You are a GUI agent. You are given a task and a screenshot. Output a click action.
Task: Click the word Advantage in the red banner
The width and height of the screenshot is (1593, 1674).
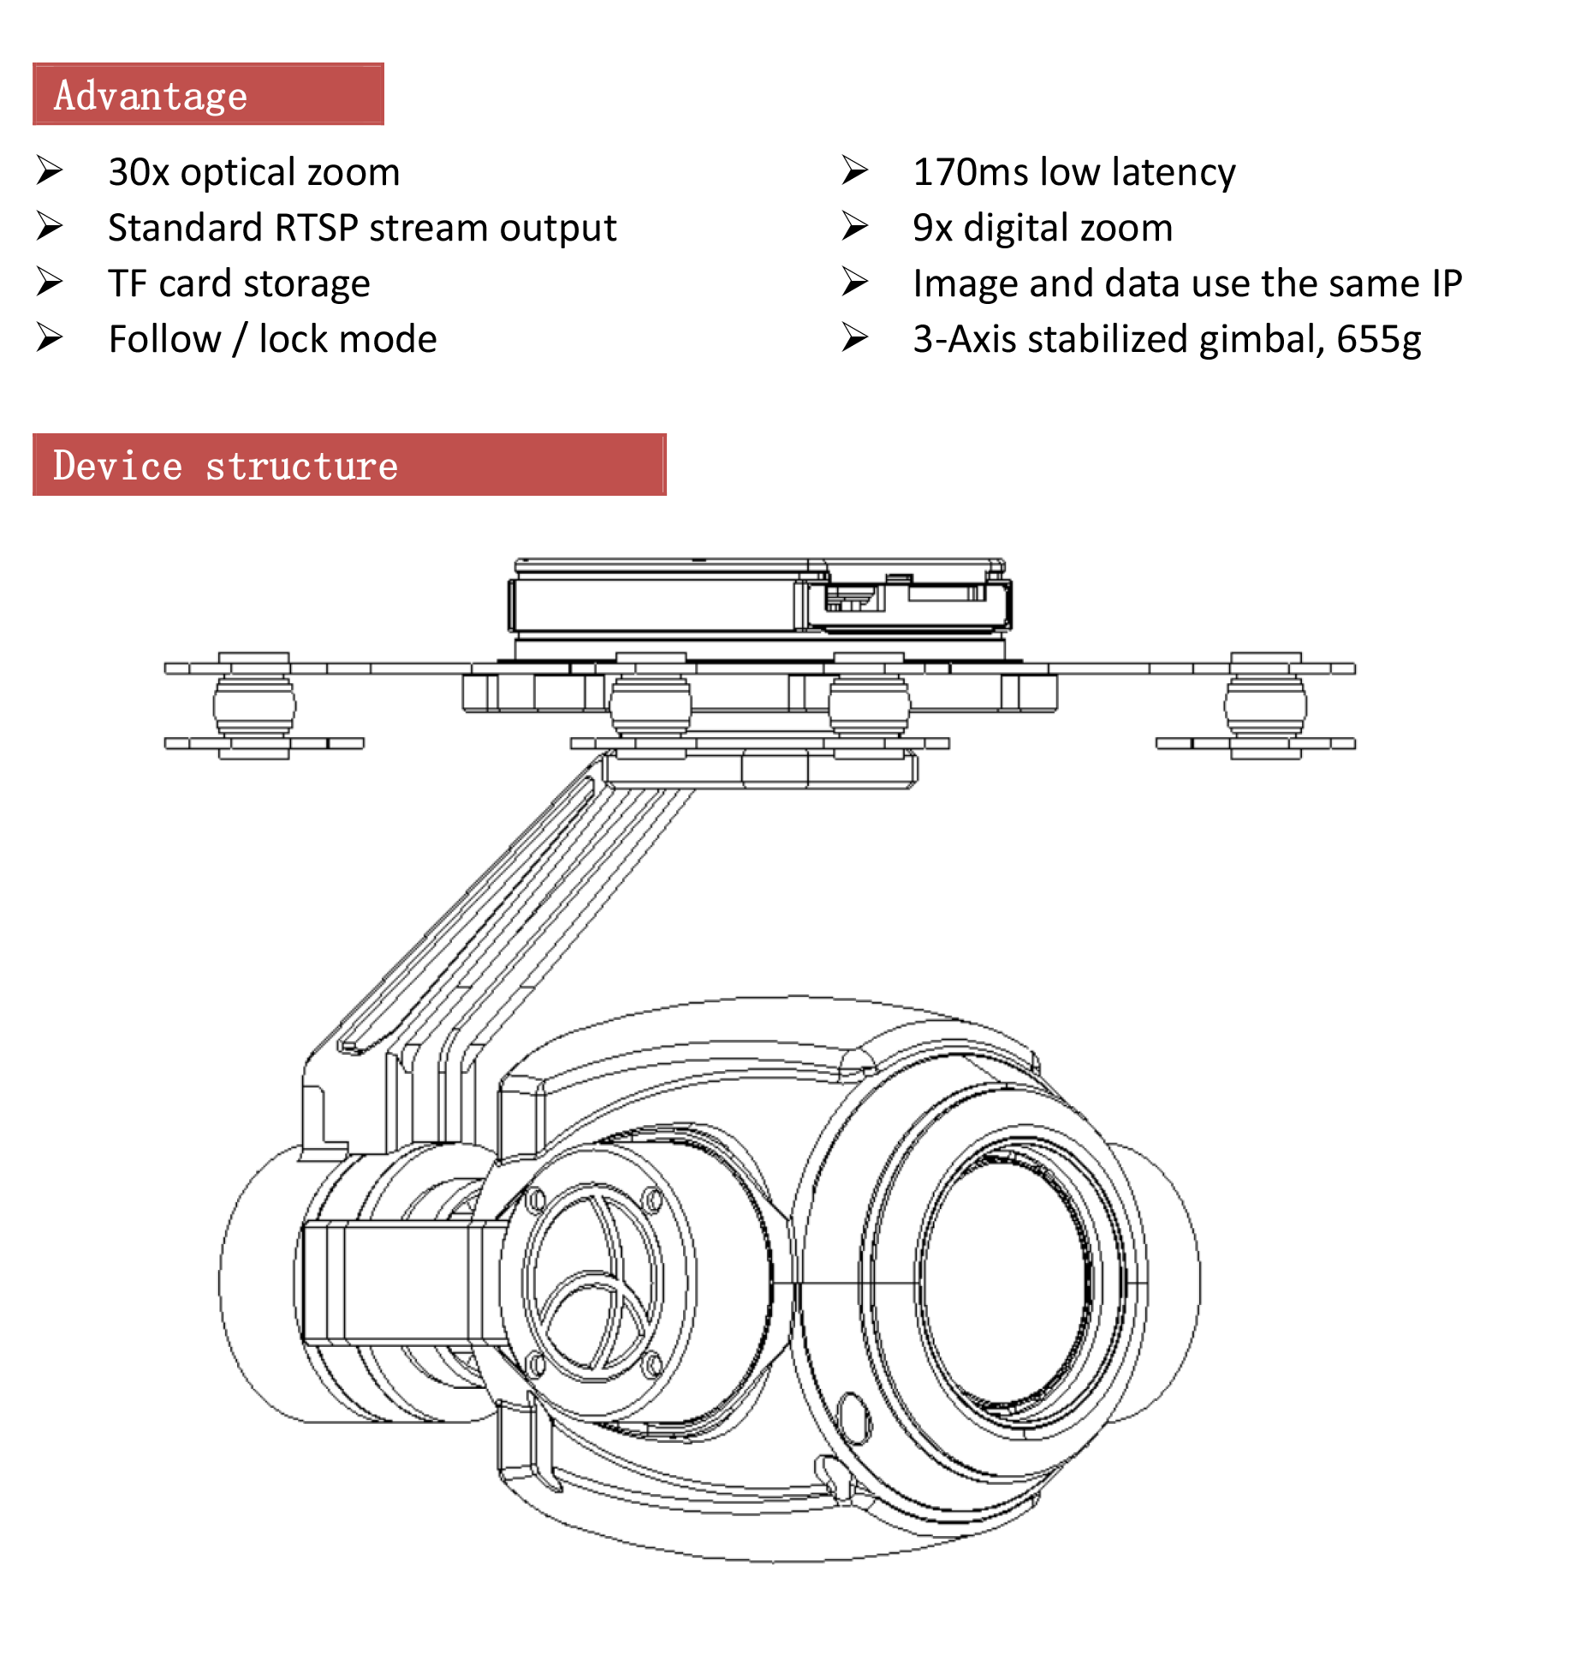(151, 95)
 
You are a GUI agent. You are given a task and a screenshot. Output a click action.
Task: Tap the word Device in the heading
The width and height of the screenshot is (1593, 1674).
(117, 466)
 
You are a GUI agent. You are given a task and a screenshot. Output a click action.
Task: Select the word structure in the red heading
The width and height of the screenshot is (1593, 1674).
(301, 466)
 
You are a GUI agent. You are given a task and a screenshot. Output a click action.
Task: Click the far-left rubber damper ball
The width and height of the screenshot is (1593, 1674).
(254, 706)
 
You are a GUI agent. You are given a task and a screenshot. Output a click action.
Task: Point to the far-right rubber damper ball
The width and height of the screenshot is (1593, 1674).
(1265, 706)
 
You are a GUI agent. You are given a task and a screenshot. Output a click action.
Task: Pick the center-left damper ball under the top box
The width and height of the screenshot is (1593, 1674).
(651, 704)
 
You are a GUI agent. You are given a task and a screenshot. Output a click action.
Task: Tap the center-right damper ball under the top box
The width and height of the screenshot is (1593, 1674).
(869, 704)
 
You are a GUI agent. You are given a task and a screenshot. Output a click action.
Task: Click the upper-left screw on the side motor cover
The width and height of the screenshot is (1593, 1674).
(536, 1200)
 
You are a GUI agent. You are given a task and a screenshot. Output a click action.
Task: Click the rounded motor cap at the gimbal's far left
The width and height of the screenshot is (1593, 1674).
(257, 1284)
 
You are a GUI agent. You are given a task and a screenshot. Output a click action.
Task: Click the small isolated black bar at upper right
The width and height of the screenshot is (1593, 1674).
(1360, 282)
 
